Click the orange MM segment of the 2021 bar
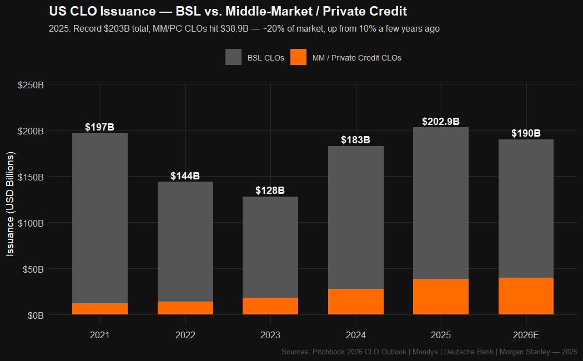100,309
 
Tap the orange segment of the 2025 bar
441,297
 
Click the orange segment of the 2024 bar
355,302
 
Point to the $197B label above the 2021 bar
100,127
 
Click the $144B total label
185,176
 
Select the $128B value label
270,190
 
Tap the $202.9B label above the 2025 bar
441,122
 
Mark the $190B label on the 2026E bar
526,133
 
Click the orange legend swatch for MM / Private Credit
298,57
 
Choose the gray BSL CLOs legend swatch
233,57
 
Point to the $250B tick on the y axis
31,85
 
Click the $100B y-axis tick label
31,223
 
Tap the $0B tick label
36,315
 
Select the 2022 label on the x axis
185,335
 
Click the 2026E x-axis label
526,335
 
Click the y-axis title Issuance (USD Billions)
10,204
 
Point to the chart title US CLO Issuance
228,11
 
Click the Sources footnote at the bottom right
429,352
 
